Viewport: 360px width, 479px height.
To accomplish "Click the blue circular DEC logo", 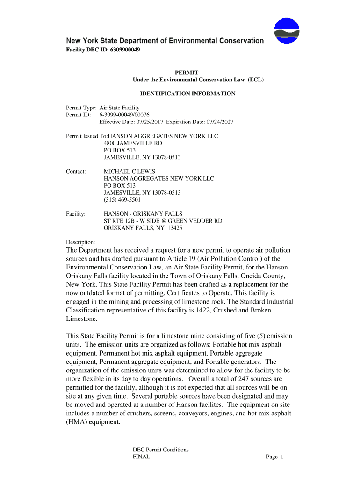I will tap(287, 30).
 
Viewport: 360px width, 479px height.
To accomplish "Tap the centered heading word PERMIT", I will tap(187, 73).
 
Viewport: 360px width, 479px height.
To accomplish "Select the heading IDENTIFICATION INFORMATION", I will tap(187, 94).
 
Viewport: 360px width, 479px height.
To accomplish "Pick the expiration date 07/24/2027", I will tap(217, 122).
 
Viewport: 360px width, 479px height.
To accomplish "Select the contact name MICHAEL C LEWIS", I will tap(130, 171).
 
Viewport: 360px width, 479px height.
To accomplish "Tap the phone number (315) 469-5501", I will tap(122, 200).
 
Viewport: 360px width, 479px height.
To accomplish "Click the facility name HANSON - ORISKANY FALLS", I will tap(143, 214).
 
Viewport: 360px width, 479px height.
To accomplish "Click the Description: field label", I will tap(80, 242).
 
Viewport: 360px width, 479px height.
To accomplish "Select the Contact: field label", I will tap(76, 171).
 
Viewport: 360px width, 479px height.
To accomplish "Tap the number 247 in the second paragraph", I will tap(246, 378).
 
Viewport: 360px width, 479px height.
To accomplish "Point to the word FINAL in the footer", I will tap(141, 457).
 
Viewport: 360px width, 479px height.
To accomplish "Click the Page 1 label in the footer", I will tap(275, 457).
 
